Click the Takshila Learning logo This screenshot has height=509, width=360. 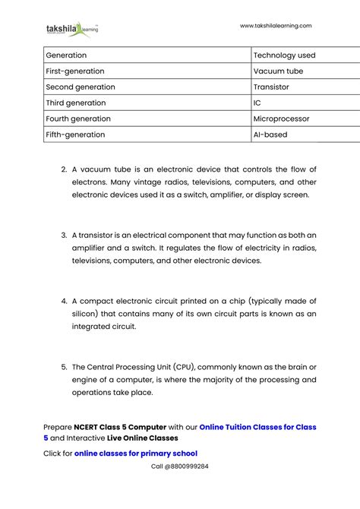[72, 30]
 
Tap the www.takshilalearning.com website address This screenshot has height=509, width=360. [276, 26]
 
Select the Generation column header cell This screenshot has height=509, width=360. [66, 55]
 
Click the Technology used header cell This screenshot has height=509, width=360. [284, 55]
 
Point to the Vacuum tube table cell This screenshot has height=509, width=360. [278, 71]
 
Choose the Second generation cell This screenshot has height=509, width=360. [81, 87]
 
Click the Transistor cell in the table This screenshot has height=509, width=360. [271, 87]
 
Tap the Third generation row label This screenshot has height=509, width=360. [76, 103]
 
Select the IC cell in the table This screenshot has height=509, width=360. [257, 103]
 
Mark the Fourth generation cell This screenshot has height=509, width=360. [78, 119]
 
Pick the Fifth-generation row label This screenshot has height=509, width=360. [75, 135]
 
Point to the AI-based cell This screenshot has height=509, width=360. [270, 135]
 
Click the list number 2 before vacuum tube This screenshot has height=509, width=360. [64, 169]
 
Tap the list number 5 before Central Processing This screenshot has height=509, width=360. [64, 367]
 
